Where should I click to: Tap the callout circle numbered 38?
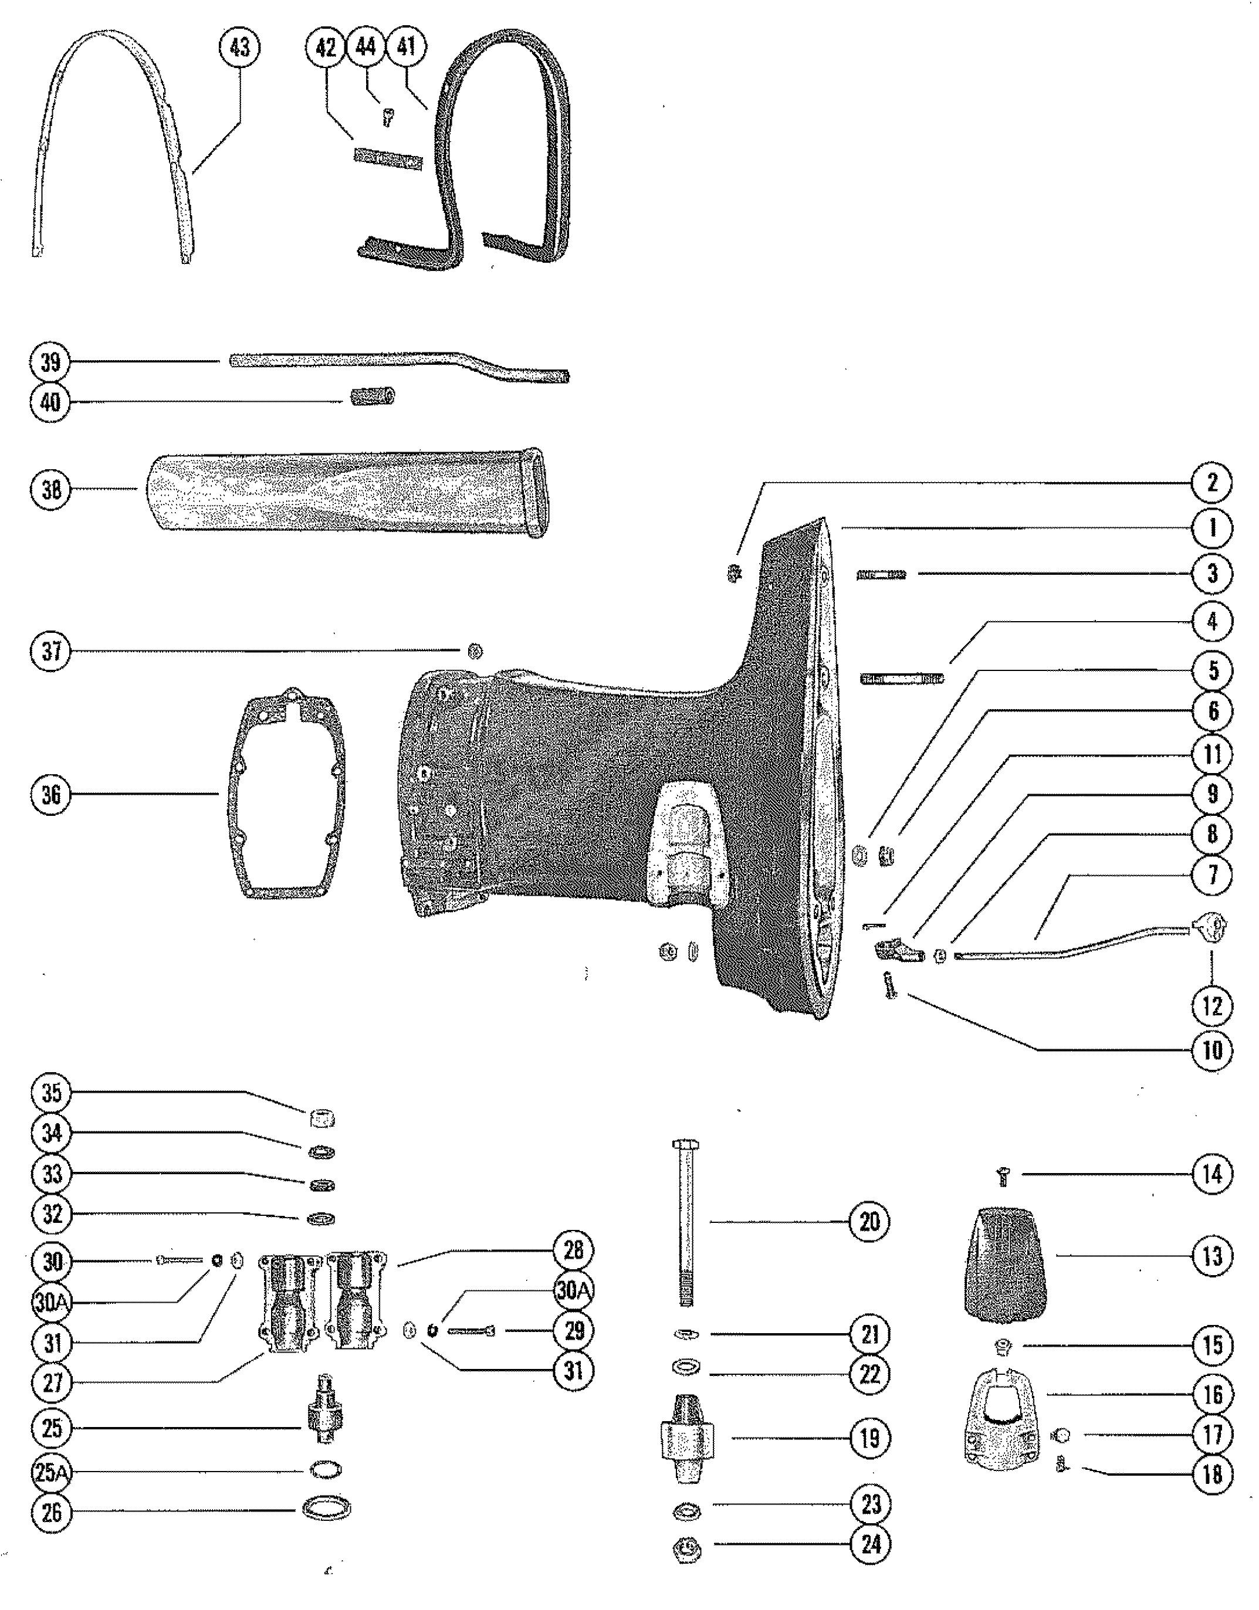[x=51, y=490]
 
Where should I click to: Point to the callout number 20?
[x=870, y=1222]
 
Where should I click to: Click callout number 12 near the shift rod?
[x=1212, y=1006]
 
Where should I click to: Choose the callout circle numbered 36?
[x=51, y=795]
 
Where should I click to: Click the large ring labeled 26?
[x=327, y=1509]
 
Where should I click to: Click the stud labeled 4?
[x=902, y=677]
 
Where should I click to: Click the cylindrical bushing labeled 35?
[x=321, y=1118]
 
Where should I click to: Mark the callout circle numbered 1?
[x=1212, y=528]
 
